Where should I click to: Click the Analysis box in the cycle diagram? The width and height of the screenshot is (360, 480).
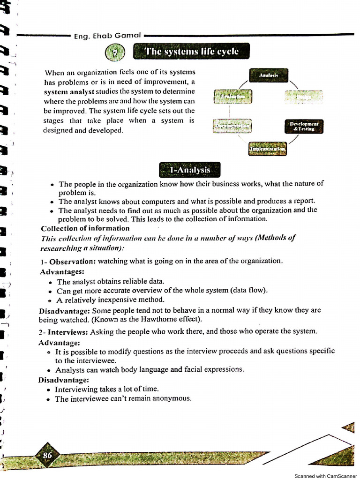pos(269,75)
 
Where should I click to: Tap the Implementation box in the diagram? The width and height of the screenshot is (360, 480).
pos(267,149)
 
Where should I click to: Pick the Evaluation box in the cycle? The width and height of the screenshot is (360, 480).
pos(232,97)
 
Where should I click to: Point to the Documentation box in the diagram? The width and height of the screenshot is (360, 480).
pos(232,126)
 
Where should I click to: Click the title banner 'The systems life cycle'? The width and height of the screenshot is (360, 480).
pos(191,52)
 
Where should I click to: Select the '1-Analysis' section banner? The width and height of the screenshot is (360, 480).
pos(189,170)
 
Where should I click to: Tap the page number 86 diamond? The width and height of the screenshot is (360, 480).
pos(47,455)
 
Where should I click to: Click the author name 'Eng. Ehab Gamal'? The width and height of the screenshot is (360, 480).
pos(108,36)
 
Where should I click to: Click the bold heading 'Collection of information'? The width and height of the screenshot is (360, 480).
pos(85,228)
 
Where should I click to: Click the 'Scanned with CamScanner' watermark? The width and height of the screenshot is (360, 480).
pos(325,476)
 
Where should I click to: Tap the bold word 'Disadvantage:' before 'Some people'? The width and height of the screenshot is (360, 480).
pos(65,310)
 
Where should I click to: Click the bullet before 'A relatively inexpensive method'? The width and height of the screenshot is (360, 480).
pos(50,300)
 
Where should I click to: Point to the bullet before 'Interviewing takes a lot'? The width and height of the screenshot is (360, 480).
pos(49,390)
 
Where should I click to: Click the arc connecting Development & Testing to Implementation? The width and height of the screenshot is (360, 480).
pos(294,139)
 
